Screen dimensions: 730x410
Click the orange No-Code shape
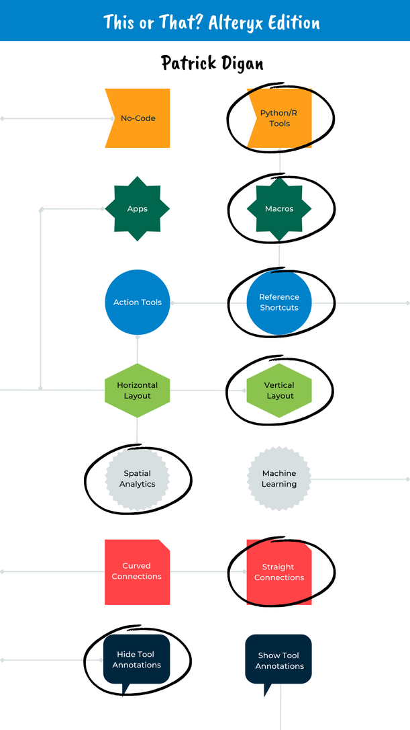tap(138, 118)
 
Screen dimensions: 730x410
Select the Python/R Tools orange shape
tap(279, 118)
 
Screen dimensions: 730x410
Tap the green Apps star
tap(138, 209)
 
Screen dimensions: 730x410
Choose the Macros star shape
tap(279, 209)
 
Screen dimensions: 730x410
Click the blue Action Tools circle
tap(138, 302)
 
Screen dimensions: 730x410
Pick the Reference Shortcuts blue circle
tap(279, 302)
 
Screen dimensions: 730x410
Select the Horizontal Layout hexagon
tap(138, 391)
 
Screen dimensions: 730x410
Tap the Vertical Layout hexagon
tap(279, 391)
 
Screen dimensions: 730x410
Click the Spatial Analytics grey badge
tap(138, 479)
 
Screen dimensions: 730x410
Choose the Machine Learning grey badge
tap(279, 479)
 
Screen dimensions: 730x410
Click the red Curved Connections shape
tap(138, 571)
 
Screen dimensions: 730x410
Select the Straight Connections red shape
tap(279, 572)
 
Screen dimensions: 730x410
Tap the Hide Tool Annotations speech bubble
tap(137, 659)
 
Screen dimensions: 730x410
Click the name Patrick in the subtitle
tap(191, 63)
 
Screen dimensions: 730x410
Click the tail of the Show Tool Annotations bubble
tap(268, 689)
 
